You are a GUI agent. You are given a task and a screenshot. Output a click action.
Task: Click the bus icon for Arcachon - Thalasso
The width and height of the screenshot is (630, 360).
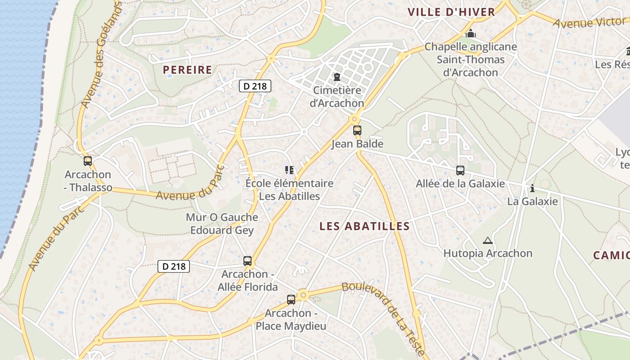coord(88,161)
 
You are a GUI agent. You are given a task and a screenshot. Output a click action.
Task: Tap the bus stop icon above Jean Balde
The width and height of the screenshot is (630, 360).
coord(357,130)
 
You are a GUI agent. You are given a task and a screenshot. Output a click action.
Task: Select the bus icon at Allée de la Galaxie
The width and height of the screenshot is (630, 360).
coord(460,170)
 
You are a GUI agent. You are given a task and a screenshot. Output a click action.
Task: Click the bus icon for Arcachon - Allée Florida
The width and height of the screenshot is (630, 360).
coord(247,261)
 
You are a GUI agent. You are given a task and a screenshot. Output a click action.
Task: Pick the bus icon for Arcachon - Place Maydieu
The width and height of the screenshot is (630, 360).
coord(291,299)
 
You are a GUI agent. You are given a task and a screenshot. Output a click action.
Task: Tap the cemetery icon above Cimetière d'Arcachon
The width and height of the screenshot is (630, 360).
coord(337,77)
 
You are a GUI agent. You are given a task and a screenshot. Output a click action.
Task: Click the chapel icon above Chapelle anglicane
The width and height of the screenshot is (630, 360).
coord(471,33)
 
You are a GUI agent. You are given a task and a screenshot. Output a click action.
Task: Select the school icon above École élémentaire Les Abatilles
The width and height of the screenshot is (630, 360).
coord(289,170)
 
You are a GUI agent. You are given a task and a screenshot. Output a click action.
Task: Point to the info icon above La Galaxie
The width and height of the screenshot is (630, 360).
coord(532,188)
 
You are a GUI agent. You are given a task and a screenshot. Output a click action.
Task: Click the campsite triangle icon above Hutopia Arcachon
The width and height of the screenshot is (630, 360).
coord(487,240)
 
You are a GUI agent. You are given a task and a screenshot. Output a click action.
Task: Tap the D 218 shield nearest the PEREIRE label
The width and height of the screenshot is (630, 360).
coord(255,86)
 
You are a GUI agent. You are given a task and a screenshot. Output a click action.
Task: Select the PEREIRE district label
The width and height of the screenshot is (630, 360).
coord(187,70)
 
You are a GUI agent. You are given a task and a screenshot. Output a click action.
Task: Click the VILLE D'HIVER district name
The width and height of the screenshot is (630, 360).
coord(451,12)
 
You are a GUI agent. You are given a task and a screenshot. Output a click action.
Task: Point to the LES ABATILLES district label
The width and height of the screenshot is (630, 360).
coord(364,226)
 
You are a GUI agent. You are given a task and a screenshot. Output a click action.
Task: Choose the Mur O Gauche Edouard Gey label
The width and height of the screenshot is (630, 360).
coord(222,224)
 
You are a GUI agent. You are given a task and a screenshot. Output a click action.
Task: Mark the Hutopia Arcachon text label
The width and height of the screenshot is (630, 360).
coord(488,253)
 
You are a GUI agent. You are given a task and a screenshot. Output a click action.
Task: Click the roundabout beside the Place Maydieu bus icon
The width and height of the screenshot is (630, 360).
coord(303,295)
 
